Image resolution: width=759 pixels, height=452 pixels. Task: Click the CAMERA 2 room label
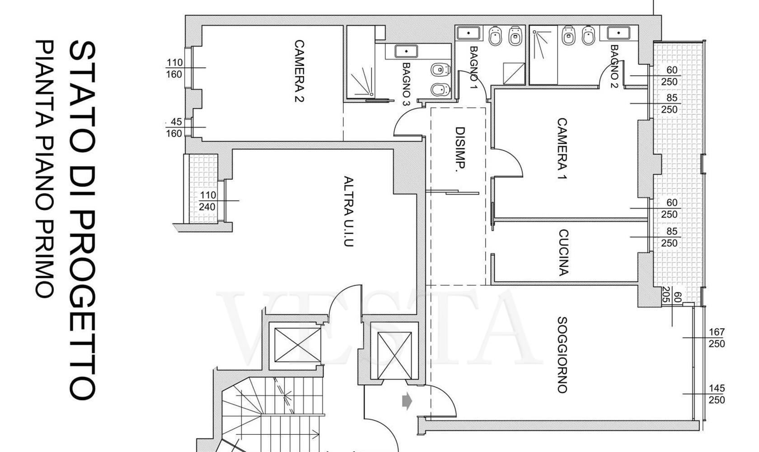coord(299,71)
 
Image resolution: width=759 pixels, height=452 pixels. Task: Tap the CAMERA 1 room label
coord(562,148)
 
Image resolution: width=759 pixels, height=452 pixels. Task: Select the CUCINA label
coord(563,253)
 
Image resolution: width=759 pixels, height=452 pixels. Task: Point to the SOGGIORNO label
coord(562,355)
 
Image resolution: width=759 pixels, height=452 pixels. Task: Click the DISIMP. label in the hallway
coord(460,150)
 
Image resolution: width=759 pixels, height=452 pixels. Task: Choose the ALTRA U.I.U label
coord(349,211)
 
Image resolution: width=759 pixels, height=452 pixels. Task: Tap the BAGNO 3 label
coord(406,84)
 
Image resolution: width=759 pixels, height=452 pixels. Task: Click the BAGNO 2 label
coord(614,66)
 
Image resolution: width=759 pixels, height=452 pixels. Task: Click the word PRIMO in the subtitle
coord(44,260)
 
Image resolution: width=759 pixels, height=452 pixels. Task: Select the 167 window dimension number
coord(717,332)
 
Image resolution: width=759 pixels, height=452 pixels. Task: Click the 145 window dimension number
coord(717,388)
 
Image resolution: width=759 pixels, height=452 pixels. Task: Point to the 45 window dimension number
coord(176,122)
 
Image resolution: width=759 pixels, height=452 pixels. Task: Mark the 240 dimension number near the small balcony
coord(207,207)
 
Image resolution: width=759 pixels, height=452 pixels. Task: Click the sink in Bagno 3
coord(406,52)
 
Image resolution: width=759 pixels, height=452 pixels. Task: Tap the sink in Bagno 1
coord(468,33)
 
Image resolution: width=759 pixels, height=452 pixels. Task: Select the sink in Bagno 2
coord(618,33)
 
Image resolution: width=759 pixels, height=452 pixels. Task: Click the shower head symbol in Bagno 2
coord(535,32)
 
